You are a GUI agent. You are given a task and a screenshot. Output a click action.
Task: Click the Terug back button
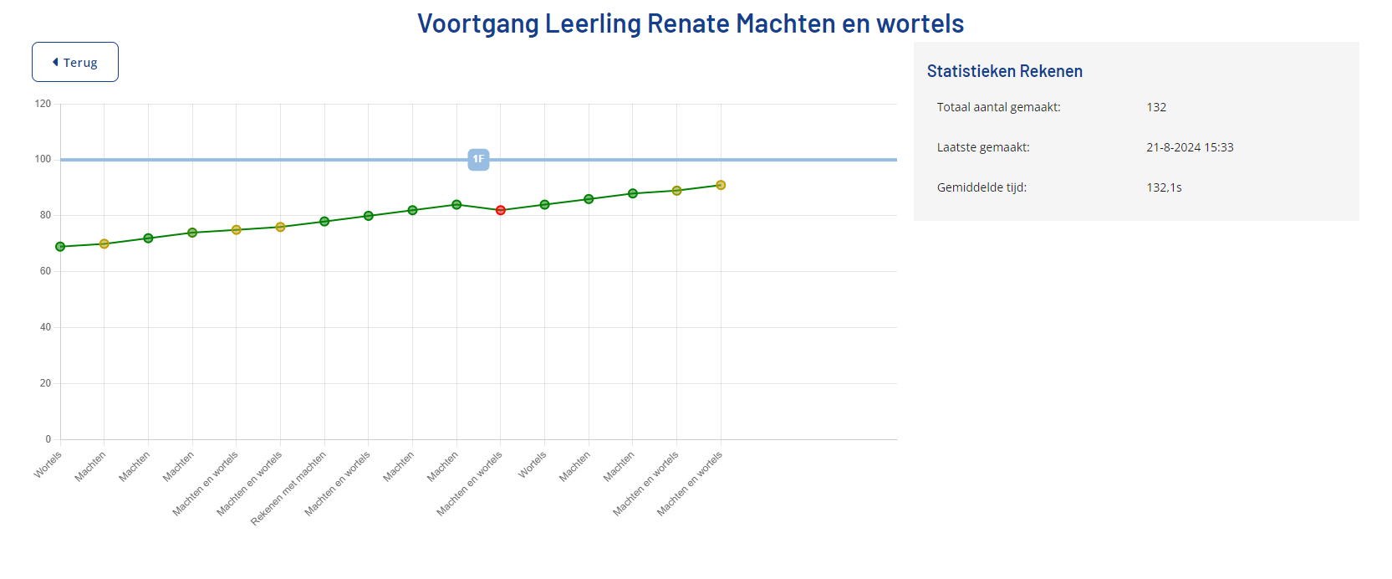(x=75, y=62)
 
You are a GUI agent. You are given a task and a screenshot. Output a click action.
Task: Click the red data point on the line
(x=501, y=210)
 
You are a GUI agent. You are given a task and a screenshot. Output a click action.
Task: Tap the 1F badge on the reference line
(x=478, y=159)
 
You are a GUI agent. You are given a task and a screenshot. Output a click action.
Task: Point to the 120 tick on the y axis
(x=43, y=104)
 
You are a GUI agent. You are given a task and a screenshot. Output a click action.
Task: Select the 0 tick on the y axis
(x=48, y=439)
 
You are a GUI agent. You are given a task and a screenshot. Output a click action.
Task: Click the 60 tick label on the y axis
(x=45, y=271)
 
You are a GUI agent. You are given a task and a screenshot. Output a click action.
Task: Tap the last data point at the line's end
(x=721, y=185)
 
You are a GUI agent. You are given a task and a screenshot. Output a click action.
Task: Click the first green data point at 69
(x=60, y=247)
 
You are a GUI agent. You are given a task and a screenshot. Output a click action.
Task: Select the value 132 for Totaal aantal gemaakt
(x=1156, y=107)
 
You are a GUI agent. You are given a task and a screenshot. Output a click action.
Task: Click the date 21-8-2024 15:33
(x=1190, y=147)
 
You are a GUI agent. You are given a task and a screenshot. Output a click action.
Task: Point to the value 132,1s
(x=1164, y=187)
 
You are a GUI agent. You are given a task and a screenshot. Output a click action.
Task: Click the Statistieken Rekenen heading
(x=1004, y=71)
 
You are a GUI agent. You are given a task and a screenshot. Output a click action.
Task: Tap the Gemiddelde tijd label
(x=982, y=187)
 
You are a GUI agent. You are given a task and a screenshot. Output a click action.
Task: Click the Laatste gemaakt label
(x=983, y=147)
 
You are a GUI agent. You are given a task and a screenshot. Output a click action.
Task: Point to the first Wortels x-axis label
(x=48, y=464)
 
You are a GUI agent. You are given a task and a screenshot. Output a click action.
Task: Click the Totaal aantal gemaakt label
(x=998, y=107)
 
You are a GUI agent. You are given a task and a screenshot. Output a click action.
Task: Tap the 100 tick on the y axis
(x=43, y=159)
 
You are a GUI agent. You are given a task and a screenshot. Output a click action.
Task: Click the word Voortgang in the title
(x=478, y=23)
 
